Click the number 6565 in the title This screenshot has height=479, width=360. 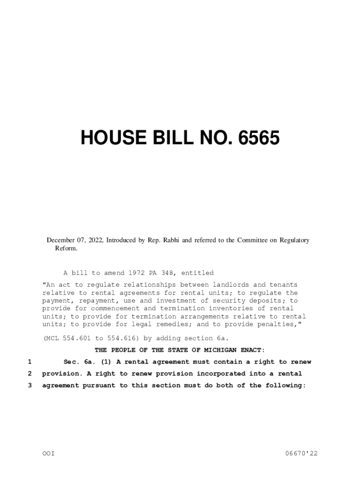pos(259,138)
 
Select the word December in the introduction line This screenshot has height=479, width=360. pos(61,240)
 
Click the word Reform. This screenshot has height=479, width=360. pos(66,248)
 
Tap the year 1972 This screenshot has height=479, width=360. pos(138,273)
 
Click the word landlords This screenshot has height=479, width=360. pos(232,285)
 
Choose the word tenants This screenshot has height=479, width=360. pos(283,285)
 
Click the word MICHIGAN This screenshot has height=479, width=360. pos(213,350)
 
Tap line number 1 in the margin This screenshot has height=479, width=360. pos(29,362)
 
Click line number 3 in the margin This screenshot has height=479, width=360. pos(29,385)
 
